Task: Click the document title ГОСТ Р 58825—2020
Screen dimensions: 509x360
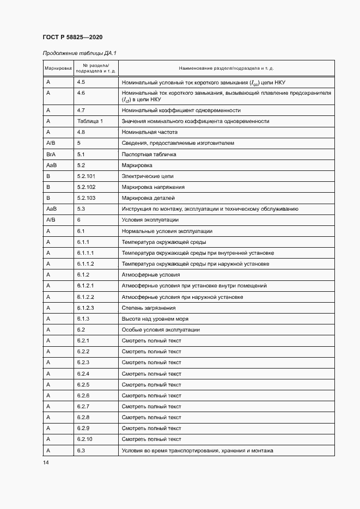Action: click(x=72, y=37)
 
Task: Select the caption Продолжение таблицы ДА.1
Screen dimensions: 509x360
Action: click(x=80, y=53)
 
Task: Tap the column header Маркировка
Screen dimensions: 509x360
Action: click(x=58, y=69)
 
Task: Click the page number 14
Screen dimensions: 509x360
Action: click(x=46, y=462)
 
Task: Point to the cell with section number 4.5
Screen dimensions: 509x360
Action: click(x=81, y=82)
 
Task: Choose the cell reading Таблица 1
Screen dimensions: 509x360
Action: click(x=90, y=121)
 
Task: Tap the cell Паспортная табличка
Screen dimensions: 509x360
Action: click(x=149, y=154)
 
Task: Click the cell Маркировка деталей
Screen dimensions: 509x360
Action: click(x=148, y=198)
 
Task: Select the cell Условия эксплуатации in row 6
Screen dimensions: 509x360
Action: click(x=150, y=219)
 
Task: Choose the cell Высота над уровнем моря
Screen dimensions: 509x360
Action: click(x=155, y=318)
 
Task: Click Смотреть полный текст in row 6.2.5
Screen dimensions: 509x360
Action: click(x=151, y=384)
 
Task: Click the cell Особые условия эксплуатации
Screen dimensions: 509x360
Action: click(x=161, y=329)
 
